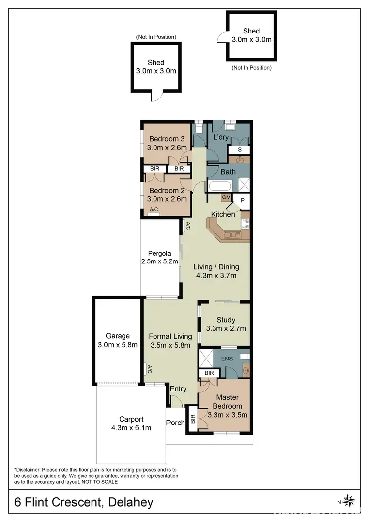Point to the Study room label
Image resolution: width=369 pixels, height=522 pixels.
pyautogui.click(x=226, y=320)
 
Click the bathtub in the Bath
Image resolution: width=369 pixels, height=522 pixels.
pyautogui.click(x=220, y=187)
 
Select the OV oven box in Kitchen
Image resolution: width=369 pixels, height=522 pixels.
pyautogui.click(x=226, y=197)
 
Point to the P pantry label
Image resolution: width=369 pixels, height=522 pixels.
pyautogui.click(x=242, y=200)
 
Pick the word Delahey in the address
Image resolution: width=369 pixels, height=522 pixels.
pyautogui.click(x=128, y=503)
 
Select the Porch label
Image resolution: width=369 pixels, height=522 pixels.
pyautogui.click(x=175, y=423)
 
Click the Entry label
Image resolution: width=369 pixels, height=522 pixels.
pyautogui.click(x=178, y=389)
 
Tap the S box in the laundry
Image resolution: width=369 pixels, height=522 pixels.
pyautogui.click(x=240, y=149)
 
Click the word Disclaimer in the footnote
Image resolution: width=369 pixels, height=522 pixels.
pyautogui.click(x=31, y=469)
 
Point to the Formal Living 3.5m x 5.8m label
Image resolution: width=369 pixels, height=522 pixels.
pyautogui.click(x=170, y=341)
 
